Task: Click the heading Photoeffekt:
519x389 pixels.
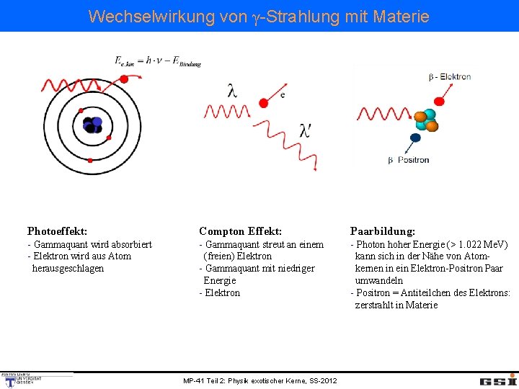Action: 58,231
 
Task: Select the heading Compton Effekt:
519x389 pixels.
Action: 240,231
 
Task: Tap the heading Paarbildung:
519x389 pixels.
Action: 382,231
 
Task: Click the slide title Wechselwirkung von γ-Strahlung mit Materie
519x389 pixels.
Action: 259,16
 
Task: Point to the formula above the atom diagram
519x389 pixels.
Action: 158,61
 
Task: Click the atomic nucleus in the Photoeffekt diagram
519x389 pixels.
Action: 92,125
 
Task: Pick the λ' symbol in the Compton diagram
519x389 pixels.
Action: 306,130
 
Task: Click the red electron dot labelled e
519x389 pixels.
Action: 264,103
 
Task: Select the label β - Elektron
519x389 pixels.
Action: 449,77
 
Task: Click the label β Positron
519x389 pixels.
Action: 409,160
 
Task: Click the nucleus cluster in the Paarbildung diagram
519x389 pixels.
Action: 425,120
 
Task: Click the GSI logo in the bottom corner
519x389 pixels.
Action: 498,380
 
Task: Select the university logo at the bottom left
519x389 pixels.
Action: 22,380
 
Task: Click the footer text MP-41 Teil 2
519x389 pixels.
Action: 259,380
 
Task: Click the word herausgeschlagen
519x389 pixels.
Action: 68,269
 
